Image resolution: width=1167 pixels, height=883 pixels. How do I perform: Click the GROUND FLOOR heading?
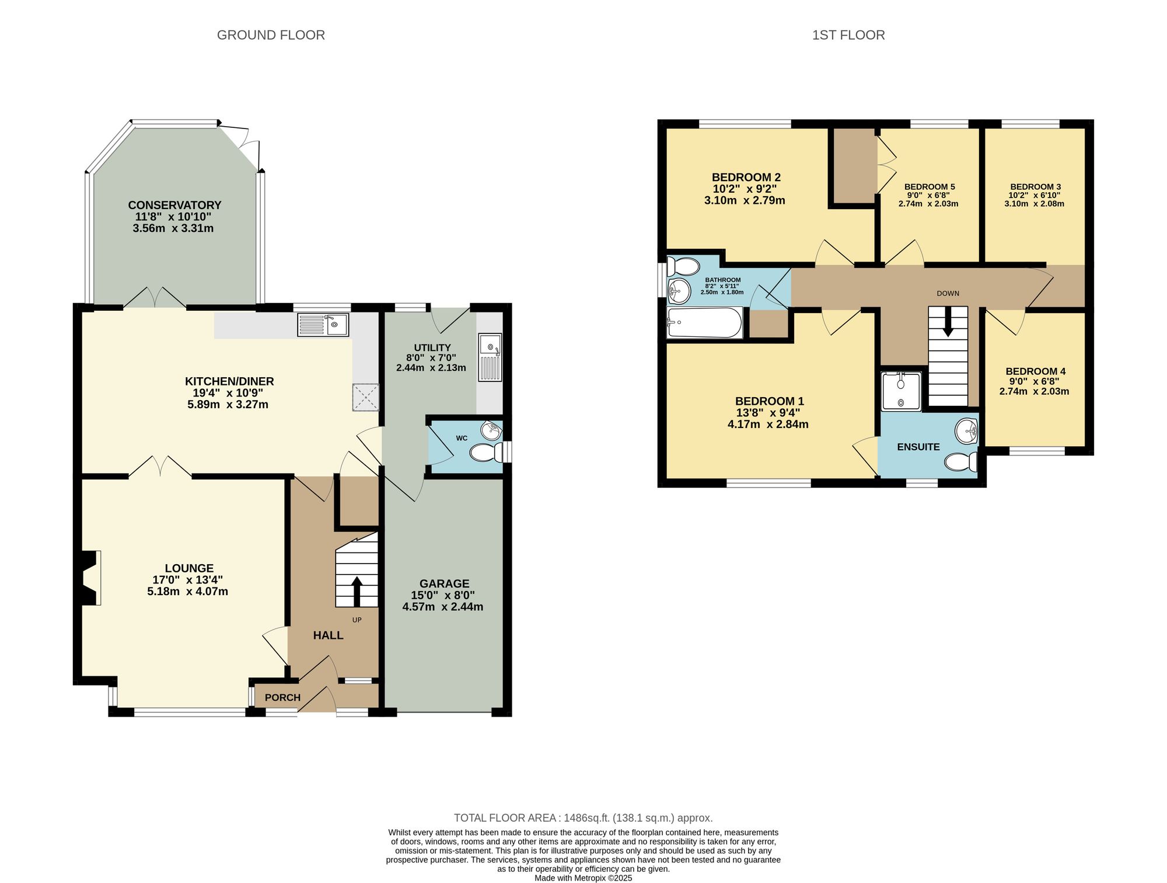coord(271,35)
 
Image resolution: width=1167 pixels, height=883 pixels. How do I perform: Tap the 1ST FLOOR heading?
coord(848,35)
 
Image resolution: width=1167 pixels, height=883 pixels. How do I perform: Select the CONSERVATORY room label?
coord(174,205)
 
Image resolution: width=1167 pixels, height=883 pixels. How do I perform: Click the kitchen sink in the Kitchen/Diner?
coord(323,325)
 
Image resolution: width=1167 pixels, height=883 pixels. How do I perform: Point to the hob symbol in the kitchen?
coord(366,398)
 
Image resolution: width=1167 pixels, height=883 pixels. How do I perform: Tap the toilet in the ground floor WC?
coord(487,453)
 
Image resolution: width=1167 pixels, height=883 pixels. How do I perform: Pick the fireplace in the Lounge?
coord(89,578)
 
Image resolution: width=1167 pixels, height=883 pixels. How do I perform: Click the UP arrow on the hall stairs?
coord(357,591)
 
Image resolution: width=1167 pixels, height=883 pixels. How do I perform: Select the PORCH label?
coord(282,698)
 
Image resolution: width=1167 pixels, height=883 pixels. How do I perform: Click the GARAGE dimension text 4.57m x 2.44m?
coord(443,607)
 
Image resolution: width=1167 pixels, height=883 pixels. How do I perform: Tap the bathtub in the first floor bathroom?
coord(704,322)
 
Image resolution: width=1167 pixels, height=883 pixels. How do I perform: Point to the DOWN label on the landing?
coord(948,293)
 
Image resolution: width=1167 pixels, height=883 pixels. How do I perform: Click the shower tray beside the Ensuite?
coord(901,391)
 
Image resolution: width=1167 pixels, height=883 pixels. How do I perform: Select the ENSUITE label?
coord(918,447)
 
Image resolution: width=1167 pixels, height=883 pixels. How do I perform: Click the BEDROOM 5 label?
coord(929,187)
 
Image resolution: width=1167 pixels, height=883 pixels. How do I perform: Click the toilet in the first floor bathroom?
coord(683,267)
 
